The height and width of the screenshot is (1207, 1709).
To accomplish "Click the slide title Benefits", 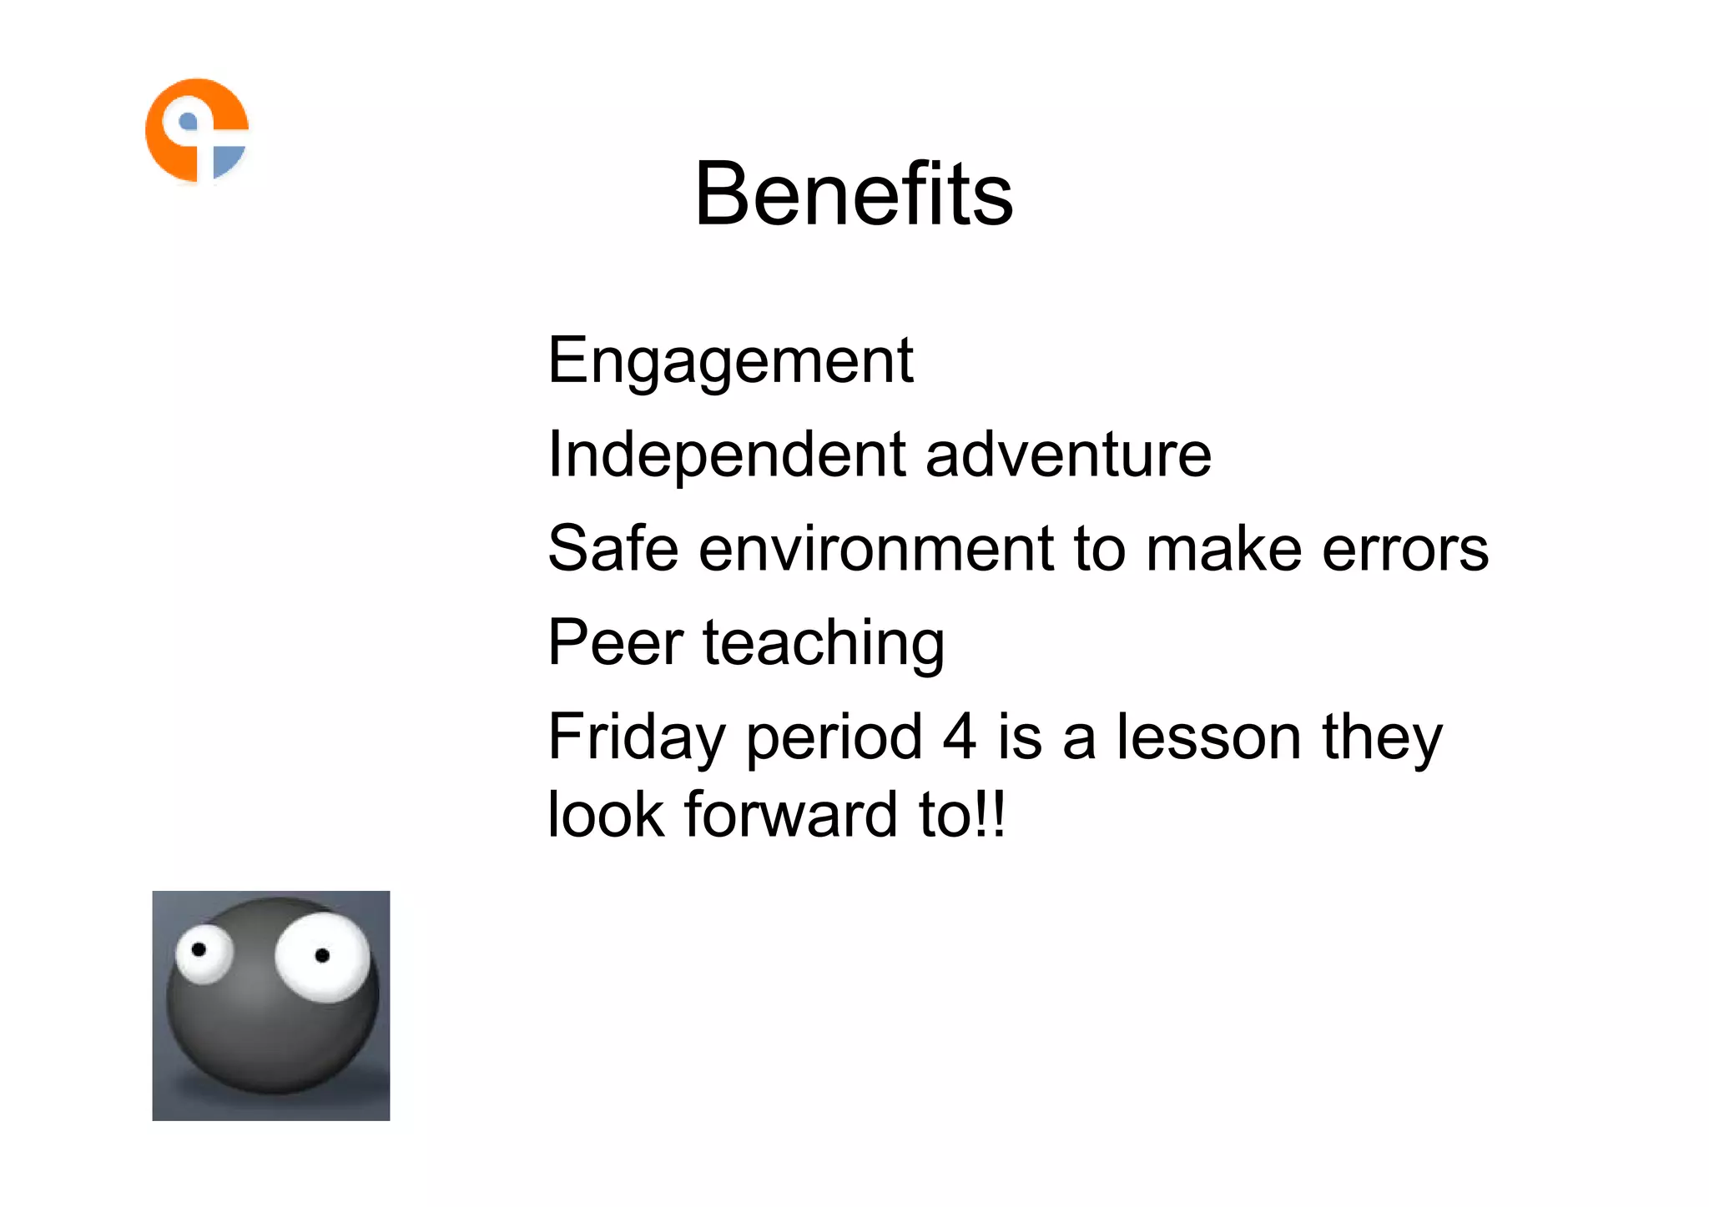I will point(854,194).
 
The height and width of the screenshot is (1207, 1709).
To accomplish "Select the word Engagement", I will point(730,360).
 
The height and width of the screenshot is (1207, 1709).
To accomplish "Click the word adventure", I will point(1068,455).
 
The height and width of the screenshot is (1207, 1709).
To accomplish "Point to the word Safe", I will point(613,549).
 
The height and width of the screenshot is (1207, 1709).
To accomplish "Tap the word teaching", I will point(824,644).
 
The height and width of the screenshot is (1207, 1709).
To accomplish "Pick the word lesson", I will point(1209,737).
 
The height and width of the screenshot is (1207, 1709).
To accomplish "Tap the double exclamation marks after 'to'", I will point(992,814).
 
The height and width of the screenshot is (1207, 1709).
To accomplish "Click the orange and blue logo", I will point(197,130).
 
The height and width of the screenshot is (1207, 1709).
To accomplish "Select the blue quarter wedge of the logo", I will point(227,161).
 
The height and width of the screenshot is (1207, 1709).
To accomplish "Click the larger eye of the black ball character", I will point(323,955).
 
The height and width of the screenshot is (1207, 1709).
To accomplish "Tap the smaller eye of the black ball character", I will point(202,952).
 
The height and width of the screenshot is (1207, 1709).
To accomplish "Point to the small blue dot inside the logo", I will point(189,123).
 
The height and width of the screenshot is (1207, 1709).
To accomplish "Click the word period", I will point(834,738).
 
